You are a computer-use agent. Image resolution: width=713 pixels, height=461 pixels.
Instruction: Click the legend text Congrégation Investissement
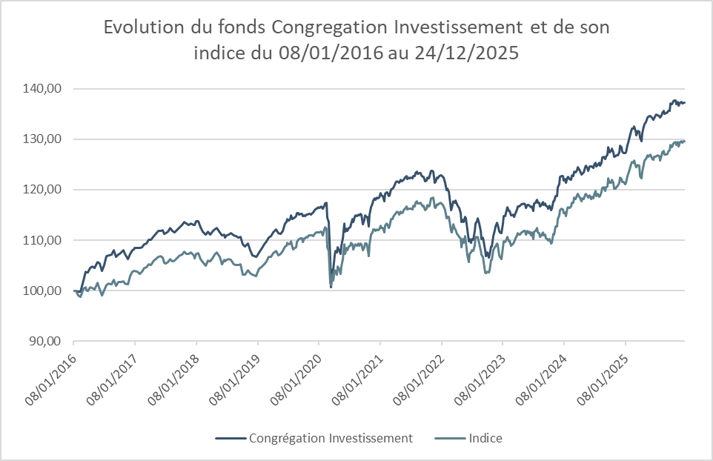pos(331,438)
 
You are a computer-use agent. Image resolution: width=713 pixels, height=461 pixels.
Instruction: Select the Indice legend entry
pos(485,438)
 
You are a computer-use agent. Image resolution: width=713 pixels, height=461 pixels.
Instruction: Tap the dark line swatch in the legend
pos(231,438)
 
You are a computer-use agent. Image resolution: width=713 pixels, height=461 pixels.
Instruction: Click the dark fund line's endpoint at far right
pos(685,102)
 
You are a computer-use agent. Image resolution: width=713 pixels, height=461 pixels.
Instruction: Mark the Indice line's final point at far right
pos(685,141)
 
